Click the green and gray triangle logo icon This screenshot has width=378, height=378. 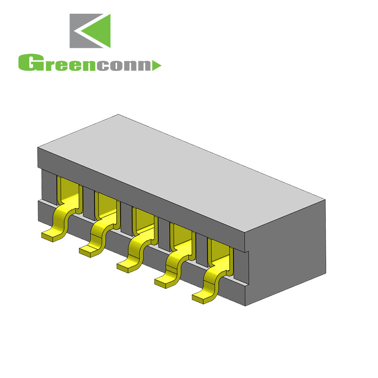(x=90, y=31)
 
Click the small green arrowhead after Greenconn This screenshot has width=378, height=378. (x=157, y=65)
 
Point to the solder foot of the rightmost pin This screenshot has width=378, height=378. (x=204, y=297)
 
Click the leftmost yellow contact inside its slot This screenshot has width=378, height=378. (x=68, y=191)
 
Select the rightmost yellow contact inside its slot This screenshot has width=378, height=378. (x=218, y=253)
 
